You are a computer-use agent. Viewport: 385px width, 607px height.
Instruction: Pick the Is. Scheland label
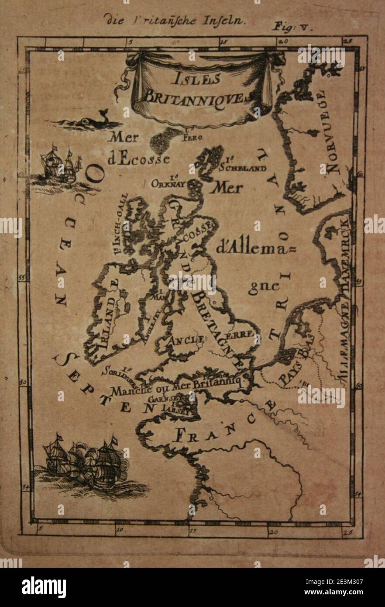(242, 165)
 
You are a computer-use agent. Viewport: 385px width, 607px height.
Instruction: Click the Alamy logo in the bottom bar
(44, 587)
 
